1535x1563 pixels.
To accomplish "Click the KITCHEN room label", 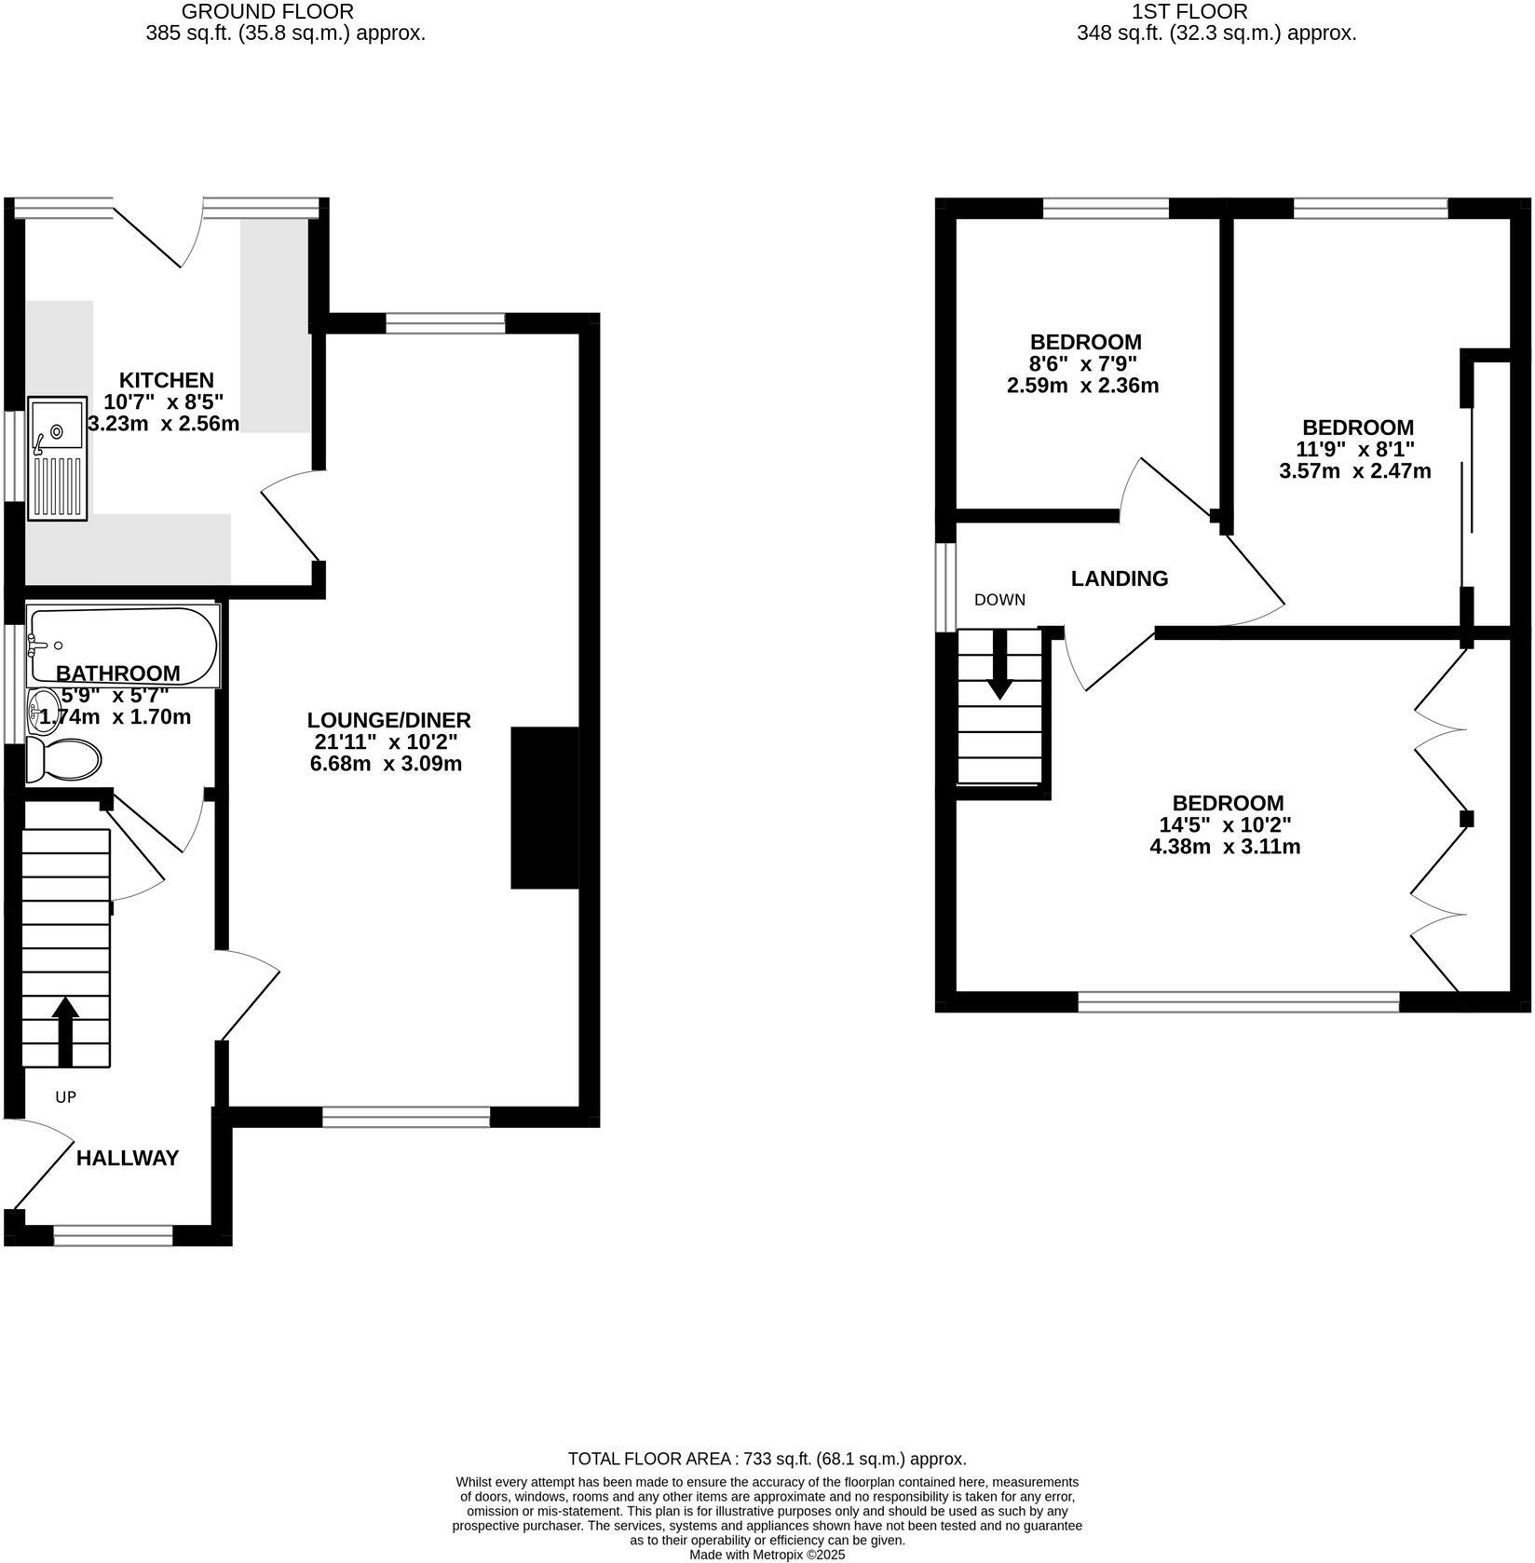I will point(166,380).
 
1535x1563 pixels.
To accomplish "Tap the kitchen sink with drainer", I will point(57,458).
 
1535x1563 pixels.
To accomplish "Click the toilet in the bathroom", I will point(63,760).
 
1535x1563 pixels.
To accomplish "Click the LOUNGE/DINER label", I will point(388,720).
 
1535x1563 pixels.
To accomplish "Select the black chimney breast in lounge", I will point(545,808).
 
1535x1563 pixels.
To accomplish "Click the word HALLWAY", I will point(128,1159).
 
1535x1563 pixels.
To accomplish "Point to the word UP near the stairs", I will point(65,1097).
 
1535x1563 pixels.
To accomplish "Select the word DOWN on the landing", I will point(999,600).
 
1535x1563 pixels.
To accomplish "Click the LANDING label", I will point(1119,578).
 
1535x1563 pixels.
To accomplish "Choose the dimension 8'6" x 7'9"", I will point(1085,363).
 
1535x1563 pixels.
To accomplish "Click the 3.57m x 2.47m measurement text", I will point(1355,471).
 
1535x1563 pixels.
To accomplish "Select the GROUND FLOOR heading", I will point(267,12).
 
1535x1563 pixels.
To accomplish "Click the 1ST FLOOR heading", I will point(1189,12).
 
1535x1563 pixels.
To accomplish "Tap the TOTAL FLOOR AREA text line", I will point(767,1460).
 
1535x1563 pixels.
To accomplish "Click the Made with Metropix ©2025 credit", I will point(767,1555).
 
